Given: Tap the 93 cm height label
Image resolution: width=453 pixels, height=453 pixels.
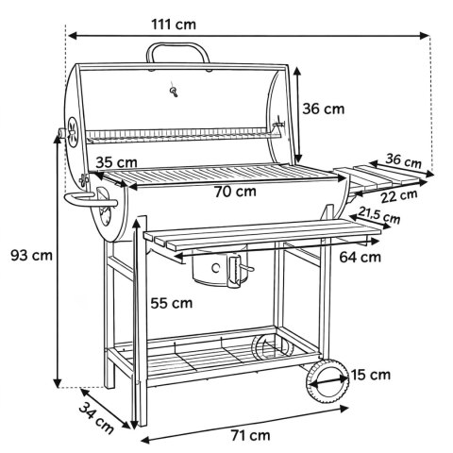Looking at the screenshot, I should [x=30, y=255].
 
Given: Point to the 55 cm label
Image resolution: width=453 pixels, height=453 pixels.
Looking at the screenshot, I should [x=171, y=304].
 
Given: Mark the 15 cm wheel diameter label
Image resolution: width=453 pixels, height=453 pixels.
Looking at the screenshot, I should [x=371, y=375].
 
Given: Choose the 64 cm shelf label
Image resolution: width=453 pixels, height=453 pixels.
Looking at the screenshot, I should [x=360, y=256].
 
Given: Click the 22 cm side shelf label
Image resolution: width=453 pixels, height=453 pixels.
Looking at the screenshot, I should [x=397, y=196].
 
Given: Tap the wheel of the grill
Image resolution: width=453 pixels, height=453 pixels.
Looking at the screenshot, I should [x=325, y=381].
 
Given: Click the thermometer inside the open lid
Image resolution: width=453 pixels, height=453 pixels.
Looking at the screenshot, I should [x=173, y=92].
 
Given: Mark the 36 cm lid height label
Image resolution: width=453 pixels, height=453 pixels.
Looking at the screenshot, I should [x=323, y=109].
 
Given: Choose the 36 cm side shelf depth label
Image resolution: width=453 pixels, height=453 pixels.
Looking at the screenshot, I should [x=404, y=161].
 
